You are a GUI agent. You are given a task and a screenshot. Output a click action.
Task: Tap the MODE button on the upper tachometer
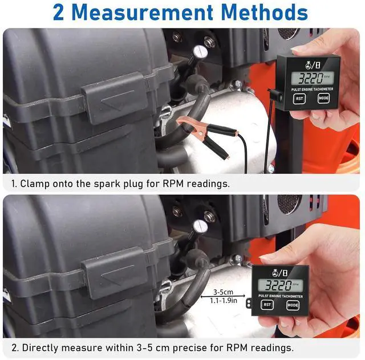click(x=324, y=98)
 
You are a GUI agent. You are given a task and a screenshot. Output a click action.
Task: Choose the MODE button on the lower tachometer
click(x=292, y=305)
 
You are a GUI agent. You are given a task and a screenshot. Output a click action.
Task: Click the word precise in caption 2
click(x=205, y=347)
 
